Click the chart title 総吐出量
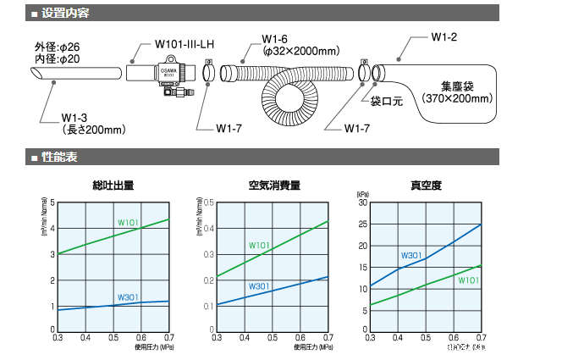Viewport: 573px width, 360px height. [x=113, y=186]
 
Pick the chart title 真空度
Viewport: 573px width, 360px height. [x=426, y=186]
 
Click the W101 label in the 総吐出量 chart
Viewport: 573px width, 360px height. [x=128, y=223]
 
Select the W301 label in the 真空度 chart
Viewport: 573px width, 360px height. [x=411, y=254]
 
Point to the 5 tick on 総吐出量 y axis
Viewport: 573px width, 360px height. [x=52, y=202]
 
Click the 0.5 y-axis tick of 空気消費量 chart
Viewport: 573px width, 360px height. [x=207, y=202]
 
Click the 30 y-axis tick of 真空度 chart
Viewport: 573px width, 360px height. [x=362, y=202]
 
